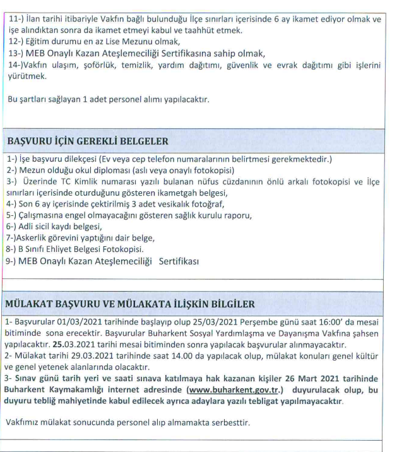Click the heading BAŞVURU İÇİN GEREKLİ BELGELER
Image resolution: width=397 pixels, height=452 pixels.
pyautogui.click(x=87, y=141)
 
